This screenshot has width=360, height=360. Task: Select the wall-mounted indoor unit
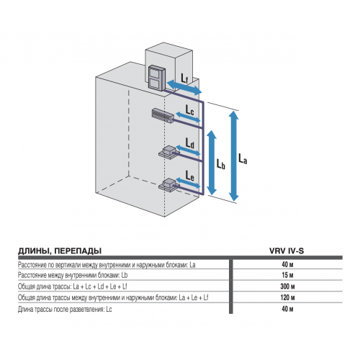[x=163, y=114]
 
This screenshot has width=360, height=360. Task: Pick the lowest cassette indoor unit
[x=168, y=184]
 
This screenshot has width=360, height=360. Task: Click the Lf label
[x=185, y=76]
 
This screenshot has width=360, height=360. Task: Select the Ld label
[x=189, y=144]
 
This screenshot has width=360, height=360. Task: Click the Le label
[x=189, y=176]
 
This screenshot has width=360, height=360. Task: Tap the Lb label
[x=222, y=164]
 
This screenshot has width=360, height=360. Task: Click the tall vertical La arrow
[x=233, y=155]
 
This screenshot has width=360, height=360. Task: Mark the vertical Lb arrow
[x=210, y=162]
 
